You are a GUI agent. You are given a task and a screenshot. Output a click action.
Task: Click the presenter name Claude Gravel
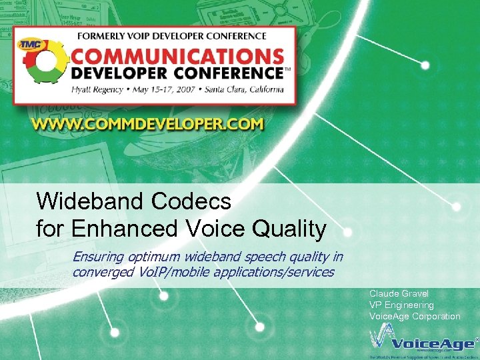point(399,294)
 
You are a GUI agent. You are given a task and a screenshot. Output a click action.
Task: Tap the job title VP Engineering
point(401,305)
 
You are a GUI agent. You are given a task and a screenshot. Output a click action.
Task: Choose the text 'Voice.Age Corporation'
point(415,317)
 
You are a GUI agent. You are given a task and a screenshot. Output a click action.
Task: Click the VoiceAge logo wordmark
point(433,343)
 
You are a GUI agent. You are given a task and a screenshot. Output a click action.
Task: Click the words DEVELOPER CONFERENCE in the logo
point(177,72)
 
